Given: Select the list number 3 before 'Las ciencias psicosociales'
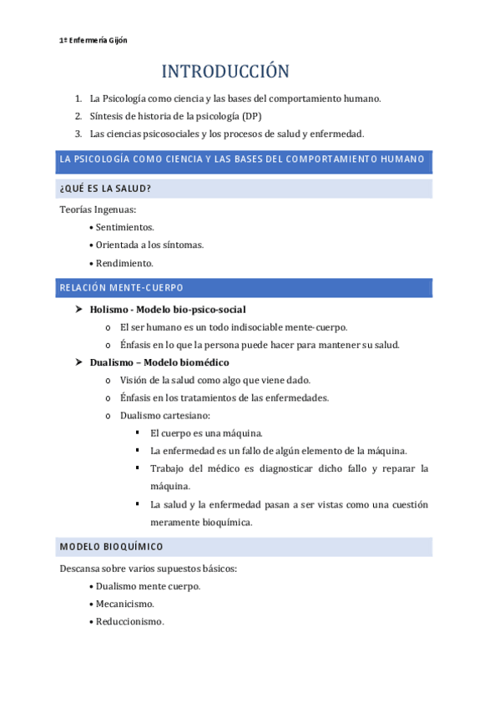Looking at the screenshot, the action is pyautogui.click(x=78, y=134).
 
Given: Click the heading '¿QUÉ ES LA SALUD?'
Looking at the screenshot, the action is pyautogui.click(x=105, y=189).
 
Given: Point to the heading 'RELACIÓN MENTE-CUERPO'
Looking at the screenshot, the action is pyautogui.click(x=121, y=288).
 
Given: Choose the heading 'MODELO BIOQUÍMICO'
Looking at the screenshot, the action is pyautogui.click(x=111, y=547).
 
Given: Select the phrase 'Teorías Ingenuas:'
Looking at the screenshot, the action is pyautogui.click(x=98, y=209).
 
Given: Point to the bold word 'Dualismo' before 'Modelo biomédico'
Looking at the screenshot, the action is pyautogui.click(x=114, y=362).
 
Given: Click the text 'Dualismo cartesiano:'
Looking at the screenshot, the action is pyautogui.click(x=165, y=415).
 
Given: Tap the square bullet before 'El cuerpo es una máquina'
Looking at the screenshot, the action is pyautogui.click(x=137, y=432).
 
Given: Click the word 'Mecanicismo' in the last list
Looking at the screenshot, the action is pyautogui.click(x=124, y=604).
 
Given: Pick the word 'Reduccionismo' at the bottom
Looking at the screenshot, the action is pyautogui.click(x=129, y=622).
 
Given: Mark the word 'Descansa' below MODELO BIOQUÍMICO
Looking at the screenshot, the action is pyautogui.click(x=80, y=569).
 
